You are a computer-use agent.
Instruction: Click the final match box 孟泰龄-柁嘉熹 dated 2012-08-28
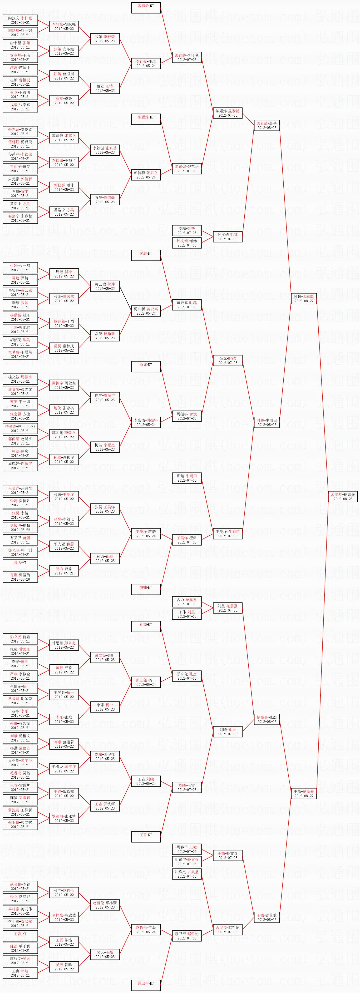[x=343, y=496]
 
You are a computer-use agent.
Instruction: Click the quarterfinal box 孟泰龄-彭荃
[x=267, y=125]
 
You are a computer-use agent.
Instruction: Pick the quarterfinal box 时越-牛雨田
[x=267, y=422]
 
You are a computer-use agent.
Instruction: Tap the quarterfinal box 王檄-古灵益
[x=267, y=917]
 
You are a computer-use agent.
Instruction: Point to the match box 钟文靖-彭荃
[x=228, y=237]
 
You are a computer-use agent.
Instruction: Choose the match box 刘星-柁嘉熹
[x=228, y=608]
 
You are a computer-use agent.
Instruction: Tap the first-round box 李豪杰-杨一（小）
[x=20, y=429]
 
